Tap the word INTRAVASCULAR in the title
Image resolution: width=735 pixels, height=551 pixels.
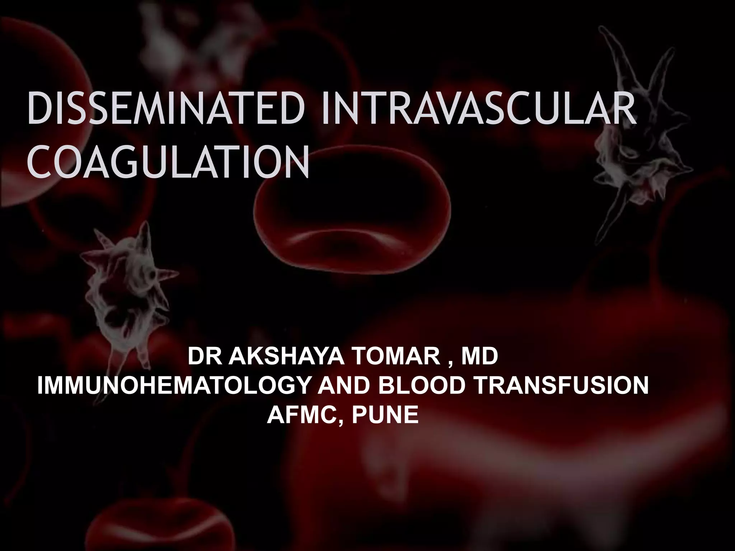pos(479,108)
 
